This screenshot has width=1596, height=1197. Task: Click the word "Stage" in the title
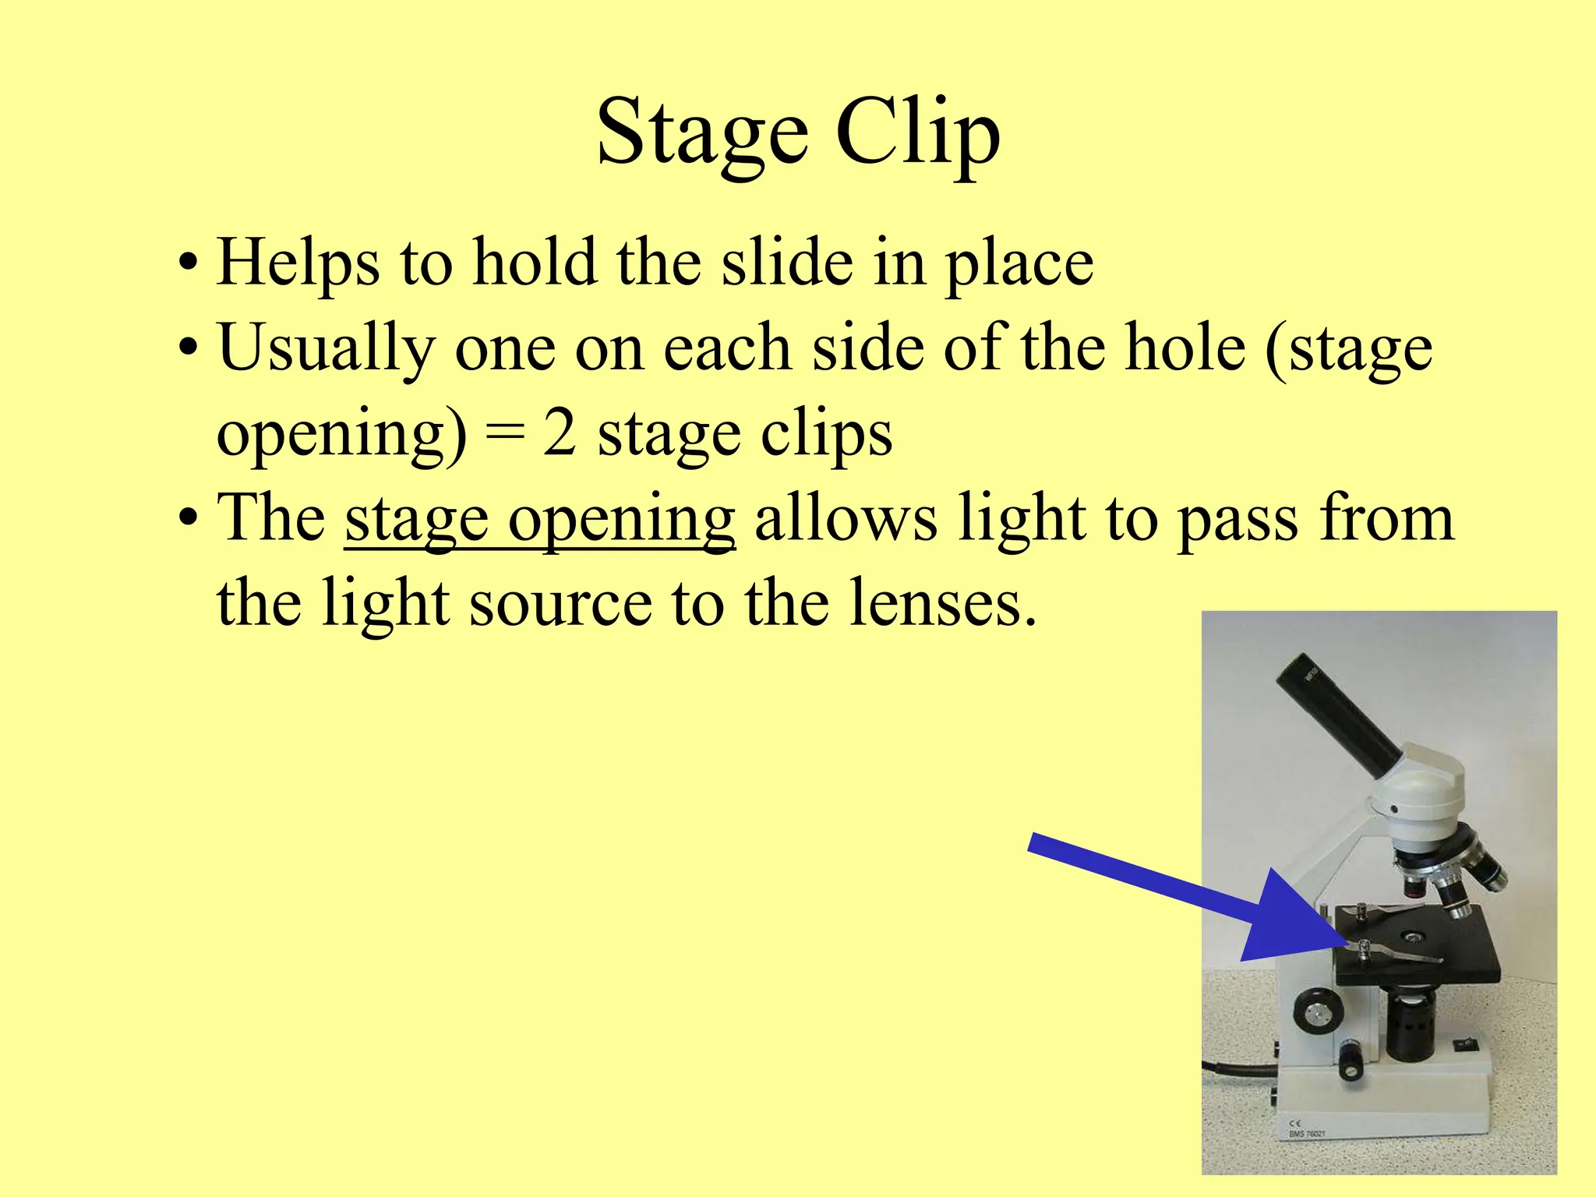click(702, 132)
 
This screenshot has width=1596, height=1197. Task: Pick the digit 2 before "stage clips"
click(559, 433)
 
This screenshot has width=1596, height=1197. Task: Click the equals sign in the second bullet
click(504, 435)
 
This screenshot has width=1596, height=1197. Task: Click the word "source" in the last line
click(560, 605)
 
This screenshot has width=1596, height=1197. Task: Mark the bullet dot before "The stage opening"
click(186, 518)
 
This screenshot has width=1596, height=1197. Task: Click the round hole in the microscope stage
click(1411, 934)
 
